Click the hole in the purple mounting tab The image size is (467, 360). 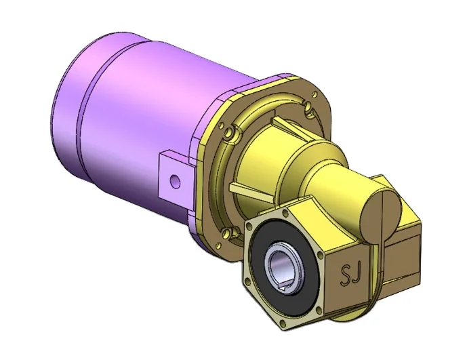[x=176, y=180]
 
